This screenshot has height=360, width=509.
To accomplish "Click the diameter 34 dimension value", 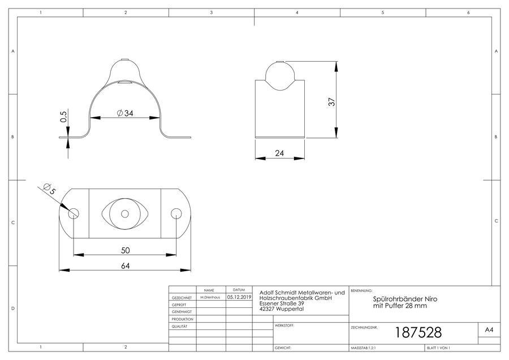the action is pyautogui.click(x=125, y=113).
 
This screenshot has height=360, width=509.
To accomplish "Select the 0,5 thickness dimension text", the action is pyautogui.click(x=63, y=117).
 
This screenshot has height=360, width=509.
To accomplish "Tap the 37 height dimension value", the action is pyautogui.click(x=331, y=102).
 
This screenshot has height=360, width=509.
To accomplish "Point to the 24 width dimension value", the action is pyautogui.click(x=279, y=153).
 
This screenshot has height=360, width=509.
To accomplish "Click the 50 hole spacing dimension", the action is pyautogui.click(x=126, y=250).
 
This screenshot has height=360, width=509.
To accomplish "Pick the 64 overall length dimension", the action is pyautogui.click(x=126, y=266).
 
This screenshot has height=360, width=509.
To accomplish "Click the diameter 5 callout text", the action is pyautogui.click(x=50, y=189).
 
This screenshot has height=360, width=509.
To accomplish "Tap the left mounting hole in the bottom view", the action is pyautogui.click(x=74, y=213).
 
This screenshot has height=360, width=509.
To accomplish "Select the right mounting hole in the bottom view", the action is pyautogui.click(x=176, y=213).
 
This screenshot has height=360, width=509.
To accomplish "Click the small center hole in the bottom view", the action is pyautogui.click(x=125, y=213).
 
